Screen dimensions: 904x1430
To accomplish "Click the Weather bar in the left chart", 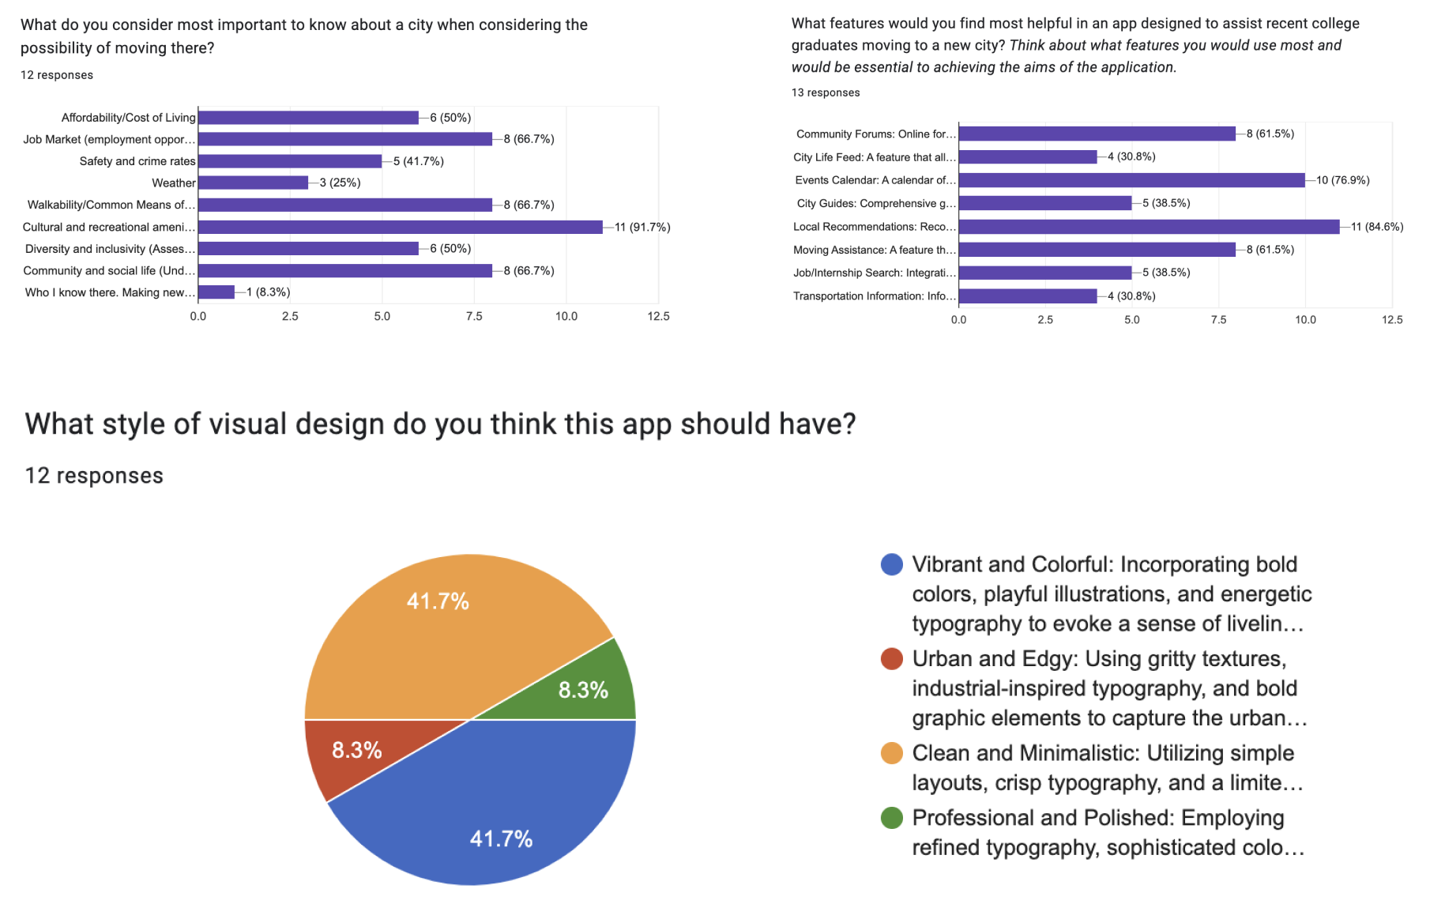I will click(253, 183).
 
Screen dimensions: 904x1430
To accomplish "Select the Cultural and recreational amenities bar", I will click(400, 227).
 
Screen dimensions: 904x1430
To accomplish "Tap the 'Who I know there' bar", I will click(216, 292).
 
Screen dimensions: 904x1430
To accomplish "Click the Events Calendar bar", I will click(1131, 180).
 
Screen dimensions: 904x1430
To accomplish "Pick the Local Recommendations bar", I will click(1149, 227).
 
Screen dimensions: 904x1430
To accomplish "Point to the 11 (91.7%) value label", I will click(642, 228).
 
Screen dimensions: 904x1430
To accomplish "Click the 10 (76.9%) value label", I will click(1342, 180).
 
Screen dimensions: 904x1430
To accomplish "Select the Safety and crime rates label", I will click(137, 161).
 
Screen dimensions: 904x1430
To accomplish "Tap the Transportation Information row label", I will click(875, 296).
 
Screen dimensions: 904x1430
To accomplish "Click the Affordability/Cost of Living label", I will click(128, 118).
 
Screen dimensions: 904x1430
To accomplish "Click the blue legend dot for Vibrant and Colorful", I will click(892, 564).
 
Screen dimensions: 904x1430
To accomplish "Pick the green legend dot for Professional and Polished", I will click(892, 818).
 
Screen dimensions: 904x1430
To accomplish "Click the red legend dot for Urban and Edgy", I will click(892, 658).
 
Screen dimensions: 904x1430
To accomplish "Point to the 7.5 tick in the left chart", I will click(474, 316).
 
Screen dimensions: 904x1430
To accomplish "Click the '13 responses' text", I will click(826, 92).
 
